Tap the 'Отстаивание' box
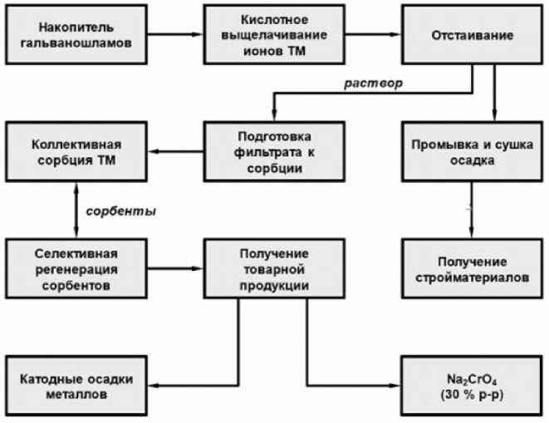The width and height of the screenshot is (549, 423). [x=472, y=37]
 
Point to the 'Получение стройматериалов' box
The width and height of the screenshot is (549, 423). [x=472, y=268]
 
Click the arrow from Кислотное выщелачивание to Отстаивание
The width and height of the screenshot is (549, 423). [x=371, y=37]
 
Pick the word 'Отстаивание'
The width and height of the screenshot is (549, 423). [x=472, y=37]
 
